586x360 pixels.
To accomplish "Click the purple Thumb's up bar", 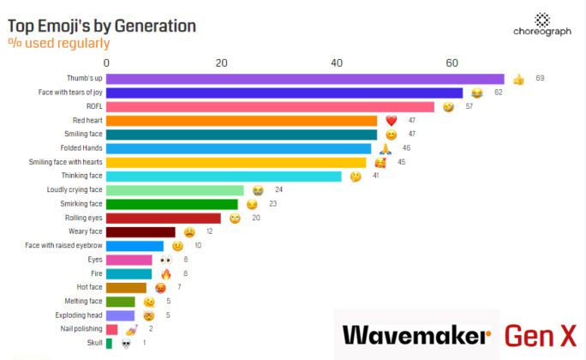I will click(305, 79).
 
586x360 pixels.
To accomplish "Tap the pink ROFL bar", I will click(270, 106).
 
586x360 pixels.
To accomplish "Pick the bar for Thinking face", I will click(224, 176).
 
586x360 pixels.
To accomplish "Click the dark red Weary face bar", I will click(141, 231).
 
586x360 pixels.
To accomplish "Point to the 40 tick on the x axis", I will click(337, 63).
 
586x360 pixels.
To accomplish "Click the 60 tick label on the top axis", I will click(451, 63).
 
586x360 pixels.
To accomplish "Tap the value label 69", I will click(540, 79).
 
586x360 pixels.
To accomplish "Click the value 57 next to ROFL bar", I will click(469, 106).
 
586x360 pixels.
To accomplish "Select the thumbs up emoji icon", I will click(518, 79).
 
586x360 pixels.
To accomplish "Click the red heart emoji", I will click(391, 121).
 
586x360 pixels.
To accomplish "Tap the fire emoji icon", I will click(166, 273).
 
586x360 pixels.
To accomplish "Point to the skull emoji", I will click(125, 343).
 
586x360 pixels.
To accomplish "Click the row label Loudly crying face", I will click(75, 189).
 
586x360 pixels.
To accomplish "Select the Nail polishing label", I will click(79, 329).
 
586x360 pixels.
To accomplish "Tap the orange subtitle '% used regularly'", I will click(59, 43).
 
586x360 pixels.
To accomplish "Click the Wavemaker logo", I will click(416, 335).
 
